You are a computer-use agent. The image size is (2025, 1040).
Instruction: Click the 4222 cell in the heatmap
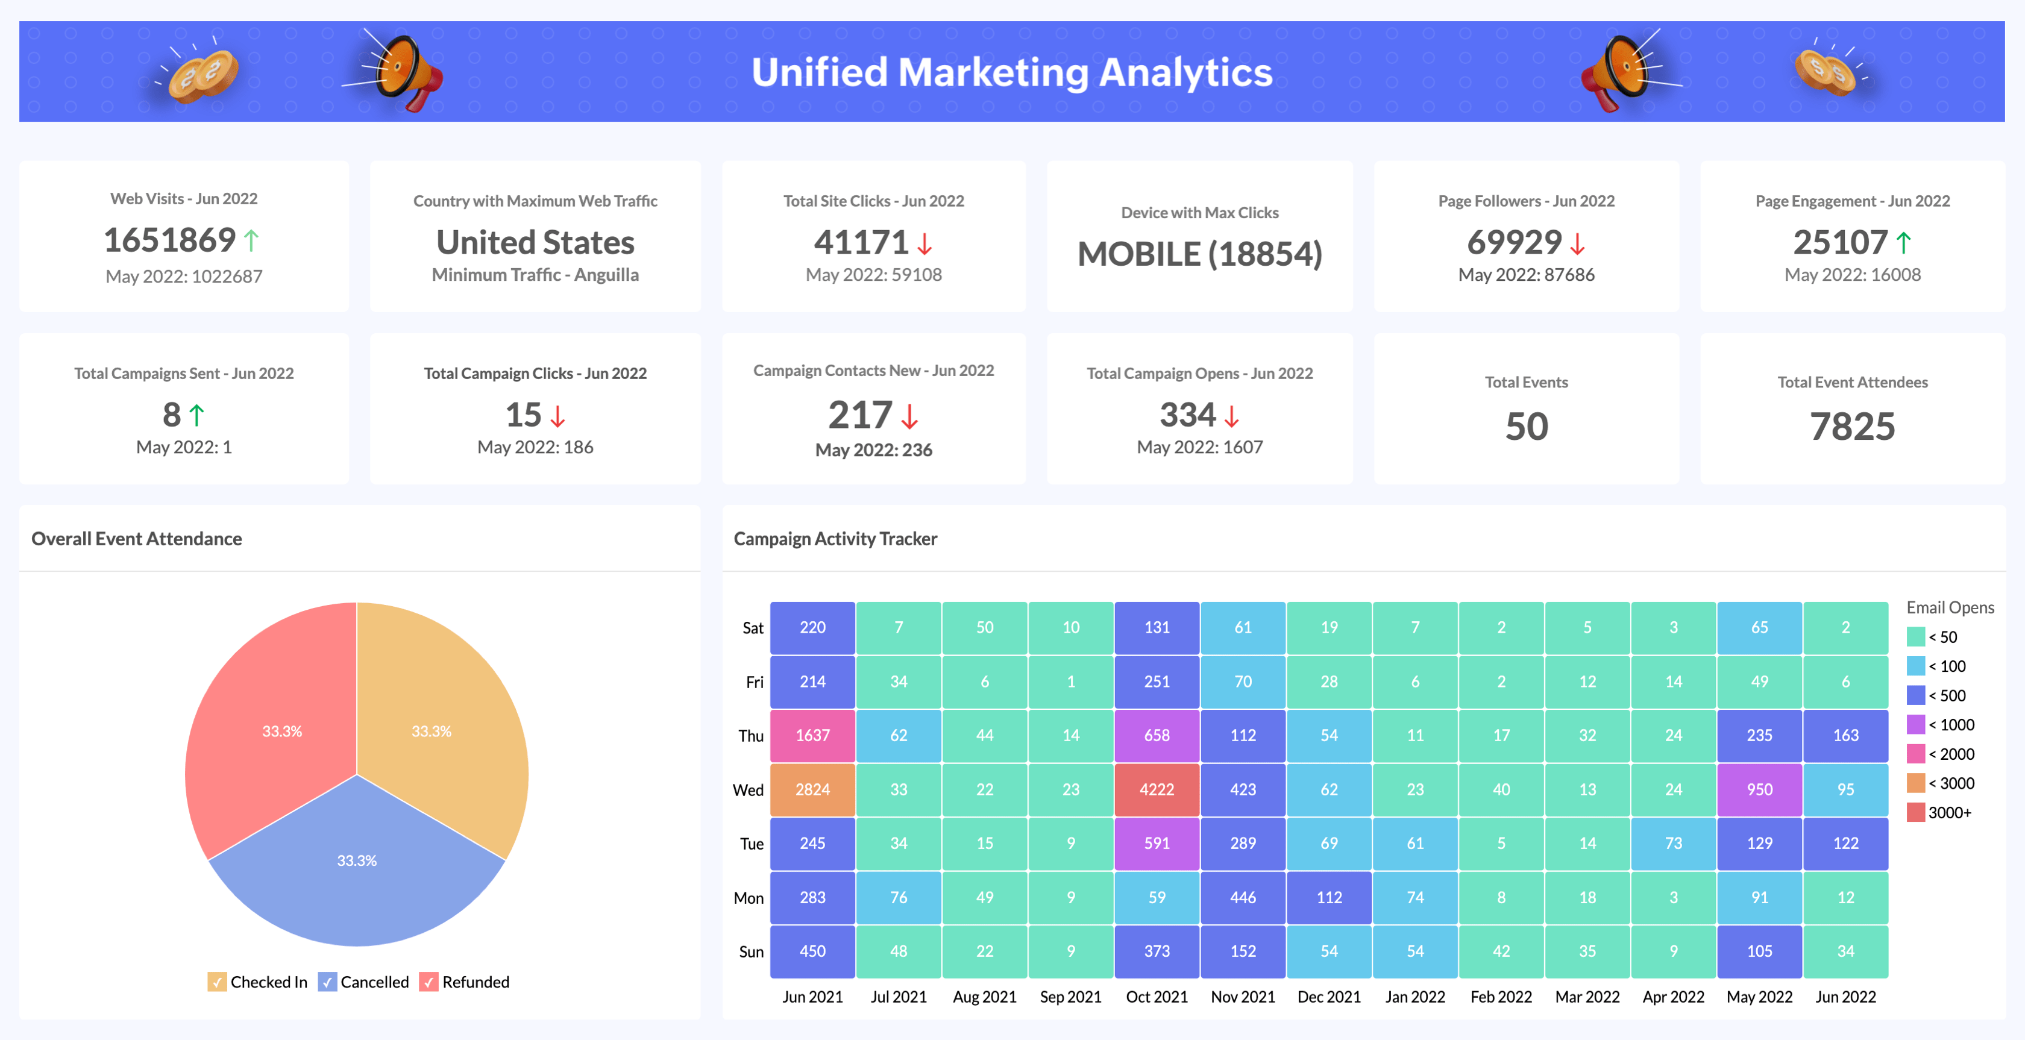(1157, 789)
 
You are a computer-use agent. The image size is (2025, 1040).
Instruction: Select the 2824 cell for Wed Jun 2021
(812, 789)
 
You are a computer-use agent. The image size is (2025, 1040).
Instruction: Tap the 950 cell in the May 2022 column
(1759, 789)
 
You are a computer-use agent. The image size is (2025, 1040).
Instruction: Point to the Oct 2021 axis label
(1157, 997)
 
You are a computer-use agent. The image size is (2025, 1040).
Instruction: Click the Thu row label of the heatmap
(751, 736)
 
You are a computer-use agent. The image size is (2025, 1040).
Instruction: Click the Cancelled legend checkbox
(327, 982)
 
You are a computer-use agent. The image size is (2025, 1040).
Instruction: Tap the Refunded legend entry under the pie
(465, 982)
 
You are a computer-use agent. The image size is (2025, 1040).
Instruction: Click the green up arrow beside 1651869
(251, 240)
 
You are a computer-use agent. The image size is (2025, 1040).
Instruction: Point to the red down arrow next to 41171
(925, 243)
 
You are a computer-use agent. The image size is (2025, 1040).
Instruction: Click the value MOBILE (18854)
(1199, 254)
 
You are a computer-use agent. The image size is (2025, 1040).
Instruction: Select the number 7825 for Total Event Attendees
(1852, 427)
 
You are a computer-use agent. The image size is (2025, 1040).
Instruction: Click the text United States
(535, 242)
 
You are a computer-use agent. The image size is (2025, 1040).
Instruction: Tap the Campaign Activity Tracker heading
(835, 539)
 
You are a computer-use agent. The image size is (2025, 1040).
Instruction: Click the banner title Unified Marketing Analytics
(1012, 72)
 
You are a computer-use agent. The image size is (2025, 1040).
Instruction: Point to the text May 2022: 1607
(1199, 447)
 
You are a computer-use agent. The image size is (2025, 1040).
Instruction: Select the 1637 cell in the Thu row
(812, 736)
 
